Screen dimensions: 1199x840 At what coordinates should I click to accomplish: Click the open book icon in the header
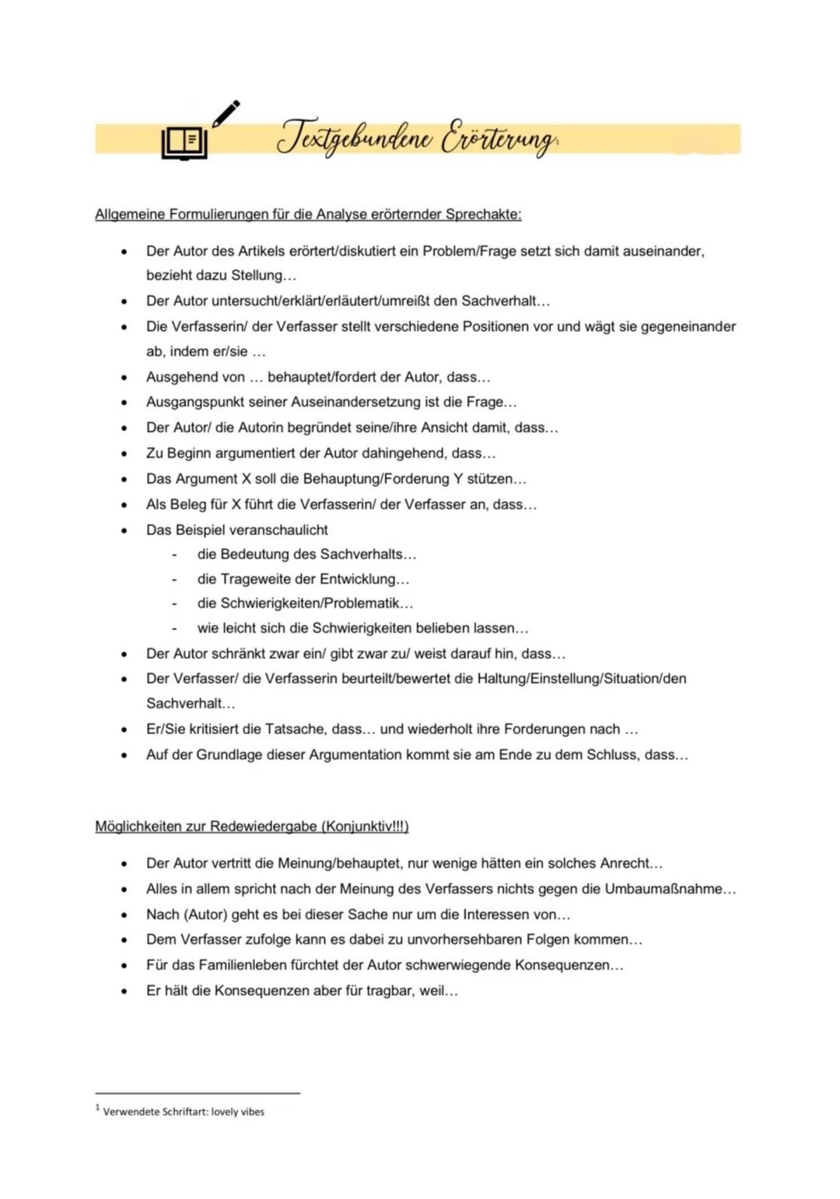click(185, 143)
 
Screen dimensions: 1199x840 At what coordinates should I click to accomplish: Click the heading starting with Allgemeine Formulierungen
click(308, 215)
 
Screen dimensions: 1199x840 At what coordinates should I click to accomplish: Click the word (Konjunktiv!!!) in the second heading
click(364, 827)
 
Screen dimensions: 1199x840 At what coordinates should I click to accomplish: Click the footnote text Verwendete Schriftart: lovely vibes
click(184, 1112)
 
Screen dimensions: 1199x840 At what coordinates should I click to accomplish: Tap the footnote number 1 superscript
click(98, 1107)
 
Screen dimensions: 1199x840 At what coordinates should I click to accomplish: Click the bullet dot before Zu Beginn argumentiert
click(123, 453)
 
